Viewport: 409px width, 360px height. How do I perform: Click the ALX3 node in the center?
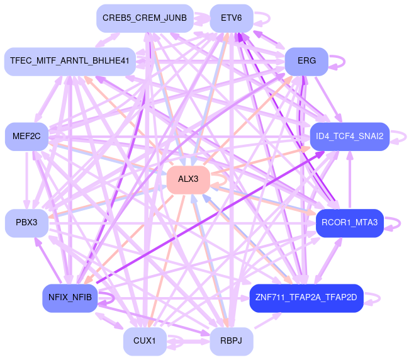coord(188,179)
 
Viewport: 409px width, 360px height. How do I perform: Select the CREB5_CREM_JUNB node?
coord(145,18)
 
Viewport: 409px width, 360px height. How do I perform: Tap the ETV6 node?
coord(232,18)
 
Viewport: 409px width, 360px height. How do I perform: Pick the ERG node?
coord(306,61)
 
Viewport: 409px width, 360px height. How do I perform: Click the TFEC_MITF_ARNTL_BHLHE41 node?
coord(70,61)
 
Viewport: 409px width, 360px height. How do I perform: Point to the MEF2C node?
coord(26,136)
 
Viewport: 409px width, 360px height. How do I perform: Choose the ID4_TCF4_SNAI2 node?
coord(350,136)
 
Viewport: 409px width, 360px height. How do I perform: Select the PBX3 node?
coord(26,223)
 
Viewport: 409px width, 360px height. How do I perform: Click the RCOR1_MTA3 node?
coord(350,223)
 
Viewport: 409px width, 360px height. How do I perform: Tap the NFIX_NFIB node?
coord(70,298)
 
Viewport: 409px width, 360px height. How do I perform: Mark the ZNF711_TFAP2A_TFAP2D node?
coord(306,298)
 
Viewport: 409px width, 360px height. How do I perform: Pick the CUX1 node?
coord(145,341)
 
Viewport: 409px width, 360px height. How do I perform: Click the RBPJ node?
coord(232,341)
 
